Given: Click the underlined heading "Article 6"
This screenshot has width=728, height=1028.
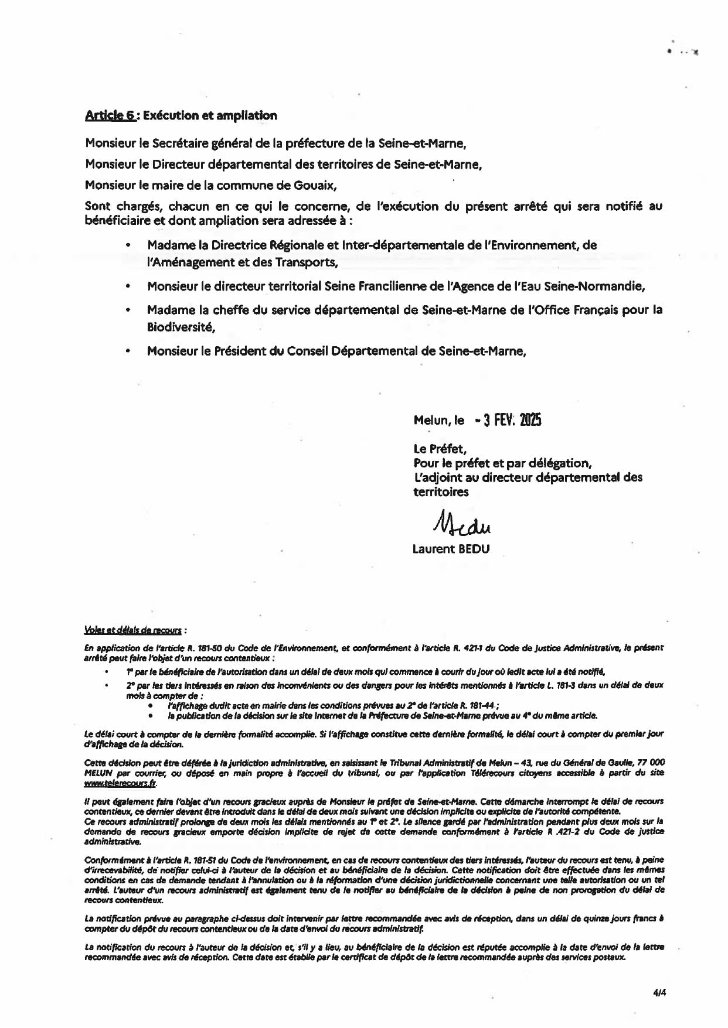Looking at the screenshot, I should pyautogui.click(x=111, y=115).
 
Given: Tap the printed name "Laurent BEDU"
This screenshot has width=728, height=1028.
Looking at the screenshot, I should pyautogui.click(x=451, y=549).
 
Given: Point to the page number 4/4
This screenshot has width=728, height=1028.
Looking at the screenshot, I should pyautogui.click(x=659, y=993).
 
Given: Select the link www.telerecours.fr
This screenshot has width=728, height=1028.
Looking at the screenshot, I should pyautogui.click(x=120, y=783).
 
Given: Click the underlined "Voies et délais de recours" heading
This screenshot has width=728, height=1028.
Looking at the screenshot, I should pyautogui.click(x=133, y=630).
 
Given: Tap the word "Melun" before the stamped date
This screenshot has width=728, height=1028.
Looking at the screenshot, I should pyautogui.click(x=431, y=421).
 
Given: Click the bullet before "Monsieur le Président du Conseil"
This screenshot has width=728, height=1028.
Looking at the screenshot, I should pyautogui.click(x=128, y=351).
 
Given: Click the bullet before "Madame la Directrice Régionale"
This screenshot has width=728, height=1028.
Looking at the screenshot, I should pyautogui.click(x=128, y=245).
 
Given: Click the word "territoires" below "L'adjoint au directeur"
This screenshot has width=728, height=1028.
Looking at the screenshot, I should pyautogui.click(x=441, y=492).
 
